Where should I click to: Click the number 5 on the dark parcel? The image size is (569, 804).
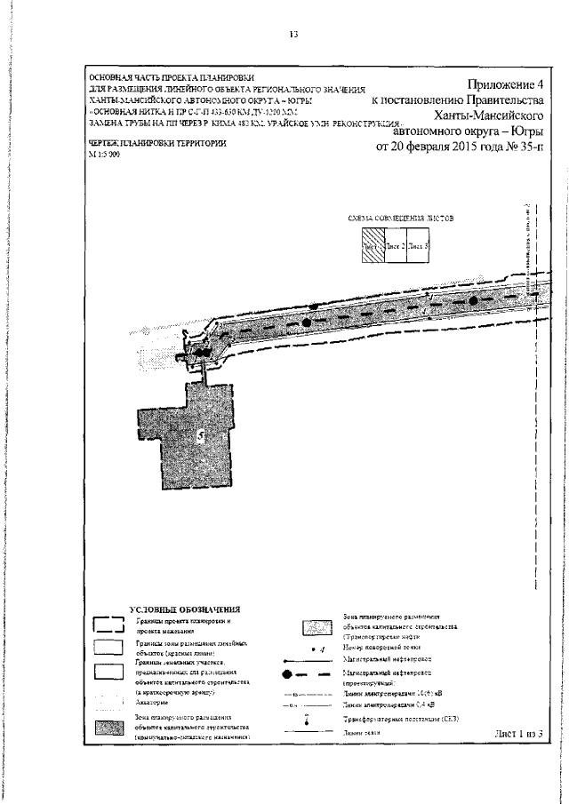201,435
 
